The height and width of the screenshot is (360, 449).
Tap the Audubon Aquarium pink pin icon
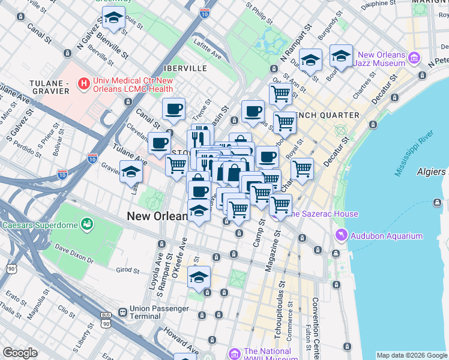pos(342,235)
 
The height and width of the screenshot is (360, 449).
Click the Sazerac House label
pos(321,214)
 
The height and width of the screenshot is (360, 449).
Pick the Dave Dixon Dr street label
pos(74,253)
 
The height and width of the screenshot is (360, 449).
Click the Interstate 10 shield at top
pos(205,12)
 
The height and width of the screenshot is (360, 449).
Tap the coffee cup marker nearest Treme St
pos(174,109)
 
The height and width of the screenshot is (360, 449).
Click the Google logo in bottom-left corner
pos(20,352)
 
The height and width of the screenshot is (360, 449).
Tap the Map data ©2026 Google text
pos(412,355)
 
